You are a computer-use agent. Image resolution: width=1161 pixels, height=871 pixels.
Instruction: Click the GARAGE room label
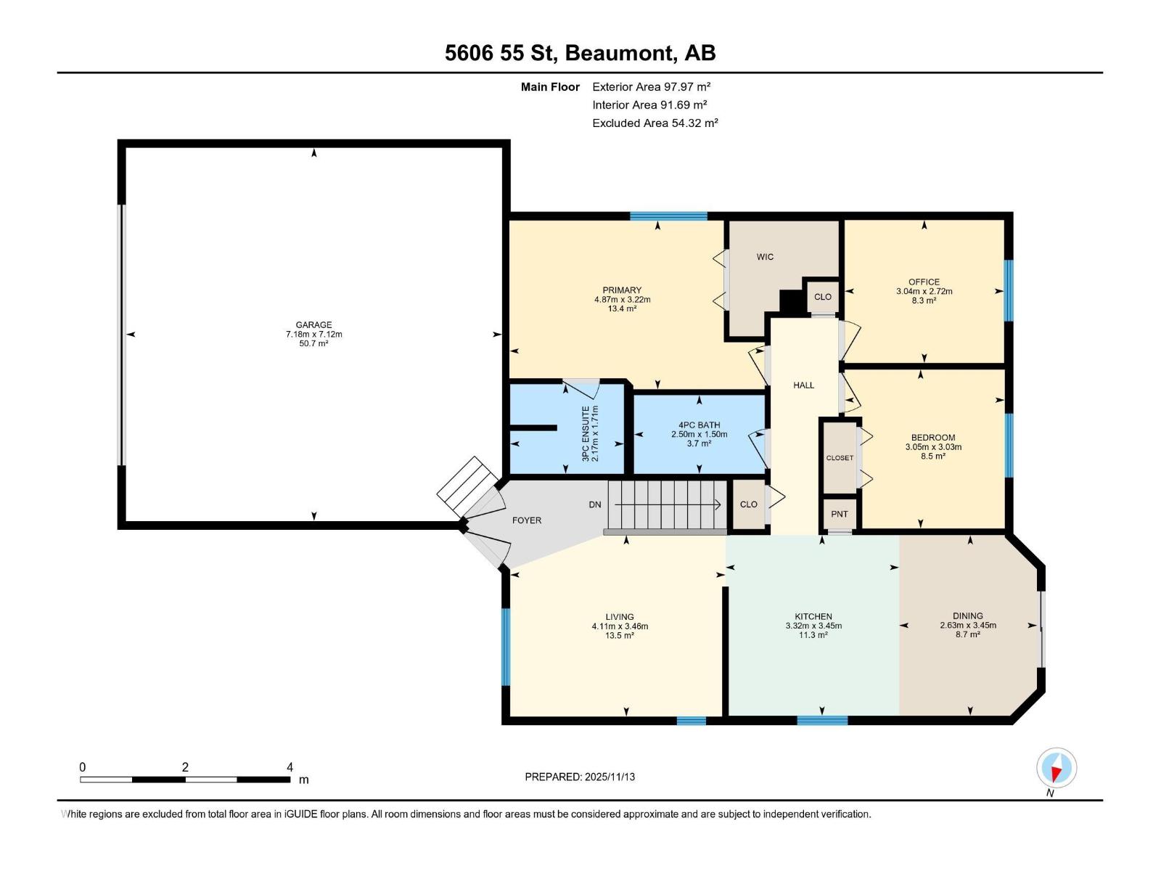pyautogui.click(x=313, y=325)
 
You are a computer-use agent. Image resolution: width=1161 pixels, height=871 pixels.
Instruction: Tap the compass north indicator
pyautogui.click(x=1057, y=768)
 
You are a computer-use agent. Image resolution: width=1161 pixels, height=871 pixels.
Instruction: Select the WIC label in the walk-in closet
pyautogui.click(x=765, y=257)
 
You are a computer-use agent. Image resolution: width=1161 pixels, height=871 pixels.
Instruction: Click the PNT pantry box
pyautogui.click(x=840, y=514)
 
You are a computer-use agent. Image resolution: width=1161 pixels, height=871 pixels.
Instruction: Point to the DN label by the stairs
pyautogui.click(x=595, y=504)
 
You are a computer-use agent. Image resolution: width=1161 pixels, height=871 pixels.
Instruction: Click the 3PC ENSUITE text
pyautogui.click(x=586, y=434)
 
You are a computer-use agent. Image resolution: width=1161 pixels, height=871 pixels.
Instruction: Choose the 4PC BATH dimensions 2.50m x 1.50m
pyautogui.click(x=699, y=434)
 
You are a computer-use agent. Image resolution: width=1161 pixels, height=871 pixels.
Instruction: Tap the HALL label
pyautogui.click(x=803, y=385)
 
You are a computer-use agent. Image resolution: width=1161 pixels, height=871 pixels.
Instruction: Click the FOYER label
pyautogui.click(x=527, y=520)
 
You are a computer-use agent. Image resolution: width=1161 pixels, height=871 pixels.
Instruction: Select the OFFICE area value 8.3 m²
pyautogui.click(x=924, y=300)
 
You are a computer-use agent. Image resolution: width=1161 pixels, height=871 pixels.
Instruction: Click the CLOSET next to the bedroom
pyautogui.click(x=840, y=458)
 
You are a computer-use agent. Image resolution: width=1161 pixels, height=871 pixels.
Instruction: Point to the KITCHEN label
pyautogui.click(x=813, y=616)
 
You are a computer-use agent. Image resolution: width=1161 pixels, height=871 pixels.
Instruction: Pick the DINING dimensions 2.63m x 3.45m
pyautogui.click(x=968, y=625)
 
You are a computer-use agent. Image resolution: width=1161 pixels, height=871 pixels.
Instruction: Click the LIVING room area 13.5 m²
pyautogui.click(x=620, y=635)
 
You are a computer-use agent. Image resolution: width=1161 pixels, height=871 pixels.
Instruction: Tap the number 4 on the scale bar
pyautogui.click(x=290, y=767)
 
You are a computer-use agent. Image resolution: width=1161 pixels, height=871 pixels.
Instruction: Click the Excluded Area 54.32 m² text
pyautogui.click(x=655, y=123)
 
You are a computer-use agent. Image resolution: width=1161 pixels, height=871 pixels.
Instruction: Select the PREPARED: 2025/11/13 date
pyautogui.click(x=580, y=777)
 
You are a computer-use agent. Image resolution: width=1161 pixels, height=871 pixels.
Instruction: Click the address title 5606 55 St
pyautogui.click(x=500, y=53)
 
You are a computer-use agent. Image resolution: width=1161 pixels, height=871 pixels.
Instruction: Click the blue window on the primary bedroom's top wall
pyautogui.click(x=668, y=216)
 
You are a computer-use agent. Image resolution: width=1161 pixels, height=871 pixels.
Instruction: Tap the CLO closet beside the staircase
pyautogui.click(x=748, y=504)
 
